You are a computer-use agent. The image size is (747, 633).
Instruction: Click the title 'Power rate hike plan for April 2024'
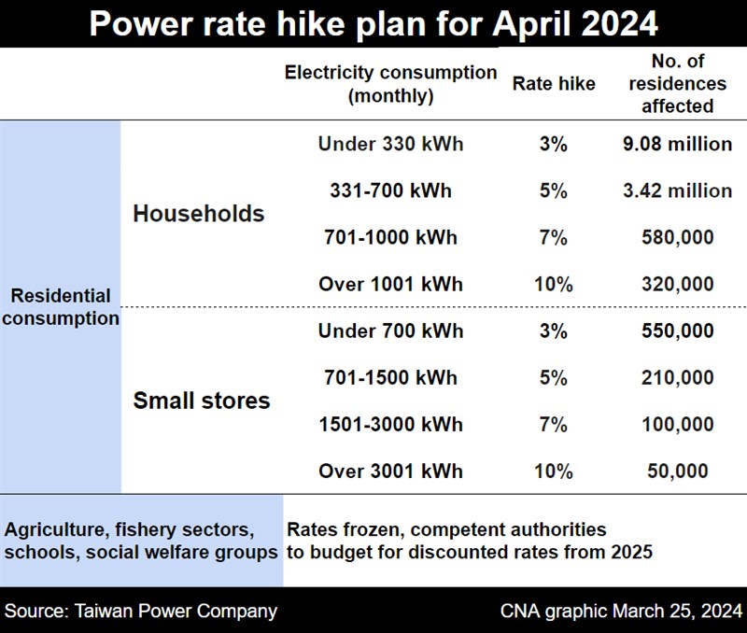coord(373,23)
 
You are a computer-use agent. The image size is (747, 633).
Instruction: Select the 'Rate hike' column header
coord(554,84)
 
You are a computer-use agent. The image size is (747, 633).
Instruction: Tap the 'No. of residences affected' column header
coord(677,84)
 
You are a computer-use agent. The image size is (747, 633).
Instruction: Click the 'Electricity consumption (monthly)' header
coord(390,84)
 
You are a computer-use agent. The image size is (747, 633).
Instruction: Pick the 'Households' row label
coord(199,214)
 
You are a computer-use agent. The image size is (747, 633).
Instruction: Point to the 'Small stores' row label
coord(202,401)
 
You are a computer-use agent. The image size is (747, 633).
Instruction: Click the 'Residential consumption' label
coord(62,307)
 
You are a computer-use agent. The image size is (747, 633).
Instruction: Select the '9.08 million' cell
coord(677,145)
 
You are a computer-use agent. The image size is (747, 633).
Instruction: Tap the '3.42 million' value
coord(677,191)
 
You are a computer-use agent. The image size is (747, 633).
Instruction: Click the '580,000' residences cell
coord(677,238)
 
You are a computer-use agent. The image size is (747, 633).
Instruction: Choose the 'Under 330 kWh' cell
coord(390,145)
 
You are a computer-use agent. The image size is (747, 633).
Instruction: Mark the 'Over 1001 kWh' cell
coord(390,285)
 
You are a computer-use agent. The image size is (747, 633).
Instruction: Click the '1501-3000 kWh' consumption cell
coord(390,425)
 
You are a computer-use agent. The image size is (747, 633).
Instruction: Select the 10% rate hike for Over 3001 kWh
coord(553,471)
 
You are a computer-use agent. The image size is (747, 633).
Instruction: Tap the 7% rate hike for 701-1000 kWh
coord(553,238)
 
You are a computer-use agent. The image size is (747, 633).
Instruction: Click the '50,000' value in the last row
coord(677,471)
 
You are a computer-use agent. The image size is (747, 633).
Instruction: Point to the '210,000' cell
coord(677,378)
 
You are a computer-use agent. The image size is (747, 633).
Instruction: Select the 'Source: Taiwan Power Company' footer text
coord(141,612)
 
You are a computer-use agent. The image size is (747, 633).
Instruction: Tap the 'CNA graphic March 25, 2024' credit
coord(619,612)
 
